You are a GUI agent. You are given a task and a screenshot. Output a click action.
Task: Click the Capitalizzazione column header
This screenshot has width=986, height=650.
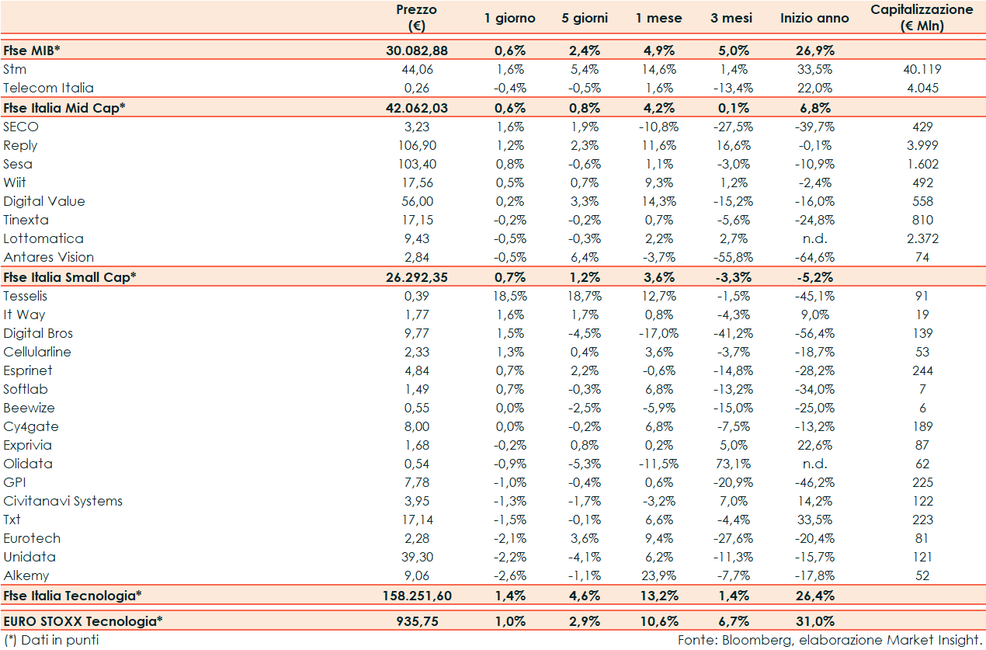pyautogui.click(x=922, y=18)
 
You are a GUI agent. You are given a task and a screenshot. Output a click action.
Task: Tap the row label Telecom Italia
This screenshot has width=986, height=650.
pyautogui.click(x=48, y=88)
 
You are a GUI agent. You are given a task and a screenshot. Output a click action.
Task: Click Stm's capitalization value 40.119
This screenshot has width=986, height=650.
pyautogui.click(x=922, y=69)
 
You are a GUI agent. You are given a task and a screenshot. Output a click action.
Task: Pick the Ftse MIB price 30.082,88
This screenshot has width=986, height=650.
pyautogui.click(x=416, y=50)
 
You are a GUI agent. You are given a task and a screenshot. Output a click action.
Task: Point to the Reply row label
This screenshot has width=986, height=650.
pyautogui.click(x=20, y=145)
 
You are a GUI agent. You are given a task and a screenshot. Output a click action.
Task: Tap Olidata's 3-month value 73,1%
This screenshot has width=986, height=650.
pyautogui.click(x=733, y=464)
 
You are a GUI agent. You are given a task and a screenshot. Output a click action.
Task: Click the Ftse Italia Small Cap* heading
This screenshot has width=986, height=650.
pyautogui.click(x=70, y=276)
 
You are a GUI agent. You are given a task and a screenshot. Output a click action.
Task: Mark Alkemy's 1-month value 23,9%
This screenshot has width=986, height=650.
pyautogui.click(x=659, y=575)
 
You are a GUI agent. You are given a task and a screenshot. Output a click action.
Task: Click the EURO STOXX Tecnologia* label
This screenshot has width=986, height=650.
pyautogui.click(x=83, y=621)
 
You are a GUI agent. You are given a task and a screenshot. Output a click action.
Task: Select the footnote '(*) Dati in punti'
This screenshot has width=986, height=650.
pyautogui.click(x=51, y=640)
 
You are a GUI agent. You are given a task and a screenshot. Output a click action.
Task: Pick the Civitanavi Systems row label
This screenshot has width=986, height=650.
pyautogui.click(x=63, y=501)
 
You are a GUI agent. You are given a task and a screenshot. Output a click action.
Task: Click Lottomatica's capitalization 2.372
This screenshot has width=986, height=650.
pyautogui.click(x=922, y=238)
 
